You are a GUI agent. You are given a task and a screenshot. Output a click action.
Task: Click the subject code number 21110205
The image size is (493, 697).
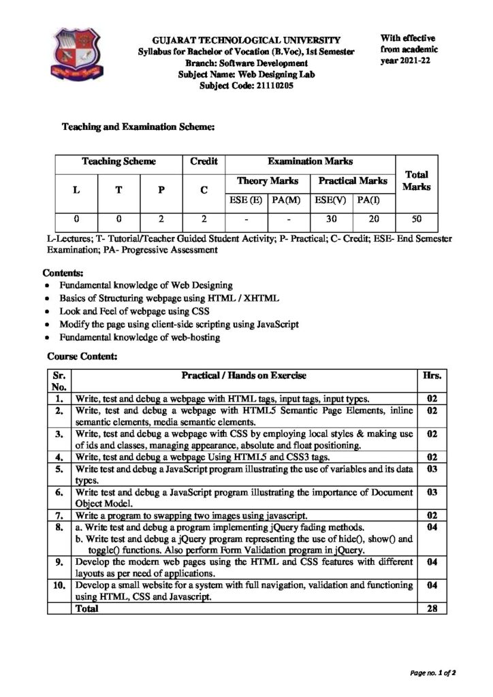coord(271,86)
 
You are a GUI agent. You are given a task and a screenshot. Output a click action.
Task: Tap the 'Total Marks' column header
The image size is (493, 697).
coord(415,180)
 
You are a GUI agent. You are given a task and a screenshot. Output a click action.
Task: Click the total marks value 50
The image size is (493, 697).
coord(415,219)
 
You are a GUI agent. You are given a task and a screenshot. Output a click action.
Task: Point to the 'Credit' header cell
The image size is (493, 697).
coord(204,161)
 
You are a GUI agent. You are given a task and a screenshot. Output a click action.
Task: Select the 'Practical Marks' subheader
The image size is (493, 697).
coord(352,181)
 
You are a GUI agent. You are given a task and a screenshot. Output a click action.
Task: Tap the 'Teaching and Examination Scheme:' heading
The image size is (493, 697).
coord(139,127)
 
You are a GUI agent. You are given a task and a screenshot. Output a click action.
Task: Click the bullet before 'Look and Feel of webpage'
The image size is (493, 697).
coord(46,312)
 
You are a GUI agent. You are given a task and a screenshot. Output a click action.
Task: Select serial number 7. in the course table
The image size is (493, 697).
coord(60,515)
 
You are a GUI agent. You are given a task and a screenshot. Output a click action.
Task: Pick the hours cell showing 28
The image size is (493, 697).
coord(432,609)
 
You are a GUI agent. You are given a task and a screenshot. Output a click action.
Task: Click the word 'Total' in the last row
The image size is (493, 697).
coord(86,609)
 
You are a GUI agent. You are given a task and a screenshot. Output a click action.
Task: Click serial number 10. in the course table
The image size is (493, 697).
coord(59,585)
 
